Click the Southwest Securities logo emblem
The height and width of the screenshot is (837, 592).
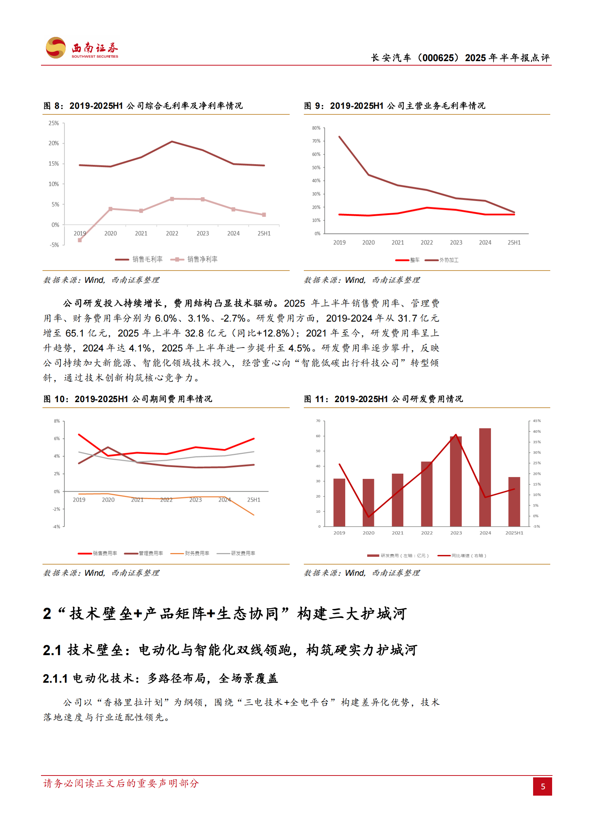tap(56, 48)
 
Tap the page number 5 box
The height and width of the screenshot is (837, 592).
tap(542, 786)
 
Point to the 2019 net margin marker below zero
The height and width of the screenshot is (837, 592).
tap(80, 240)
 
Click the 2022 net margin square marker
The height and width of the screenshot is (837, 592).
tap(172, 199)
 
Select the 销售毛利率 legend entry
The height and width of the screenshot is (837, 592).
tap(139, 259)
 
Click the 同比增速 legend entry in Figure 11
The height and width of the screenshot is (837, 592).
tap(462, 556)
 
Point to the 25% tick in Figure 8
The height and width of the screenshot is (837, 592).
tap(54, 123)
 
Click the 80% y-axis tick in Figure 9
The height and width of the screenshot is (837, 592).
tap(316, 128)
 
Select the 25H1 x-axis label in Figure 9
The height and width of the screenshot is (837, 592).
tap(514, 243)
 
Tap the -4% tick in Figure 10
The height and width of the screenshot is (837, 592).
tap(56, 527)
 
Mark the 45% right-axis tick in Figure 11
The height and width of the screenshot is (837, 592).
tap(536, 421)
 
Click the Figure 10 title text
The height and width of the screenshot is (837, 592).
tap(128, 399)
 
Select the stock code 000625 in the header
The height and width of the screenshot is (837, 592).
tap(438, 58)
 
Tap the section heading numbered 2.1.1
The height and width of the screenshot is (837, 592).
tap(160, 679)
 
